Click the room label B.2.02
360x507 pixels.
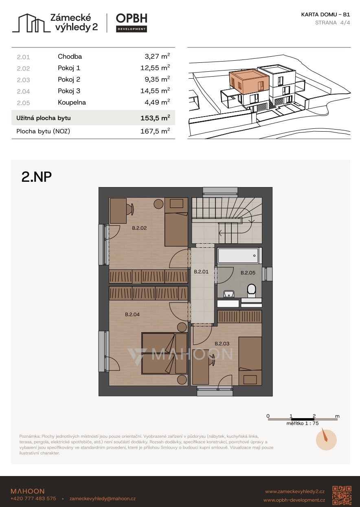point(139,228)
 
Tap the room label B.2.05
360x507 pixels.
point(248,273)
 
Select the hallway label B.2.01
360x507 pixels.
point(201,271)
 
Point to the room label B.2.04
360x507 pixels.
point(132,314)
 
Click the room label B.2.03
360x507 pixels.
point(222,344)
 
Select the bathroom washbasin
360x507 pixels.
point(229,294)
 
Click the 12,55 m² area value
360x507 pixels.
point(155,68)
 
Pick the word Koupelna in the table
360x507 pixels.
point(72,103)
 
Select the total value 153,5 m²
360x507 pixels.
point(155,118)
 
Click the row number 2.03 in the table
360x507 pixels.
point(24,80)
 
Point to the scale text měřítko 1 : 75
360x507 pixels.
point(302,423)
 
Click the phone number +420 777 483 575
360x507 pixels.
point(33,498)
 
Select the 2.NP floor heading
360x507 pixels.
point(36,177)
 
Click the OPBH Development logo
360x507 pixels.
point(132,23)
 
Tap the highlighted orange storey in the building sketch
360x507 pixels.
point(249,82)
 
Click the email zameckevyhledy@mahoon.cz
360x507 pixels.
point(103,498)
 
